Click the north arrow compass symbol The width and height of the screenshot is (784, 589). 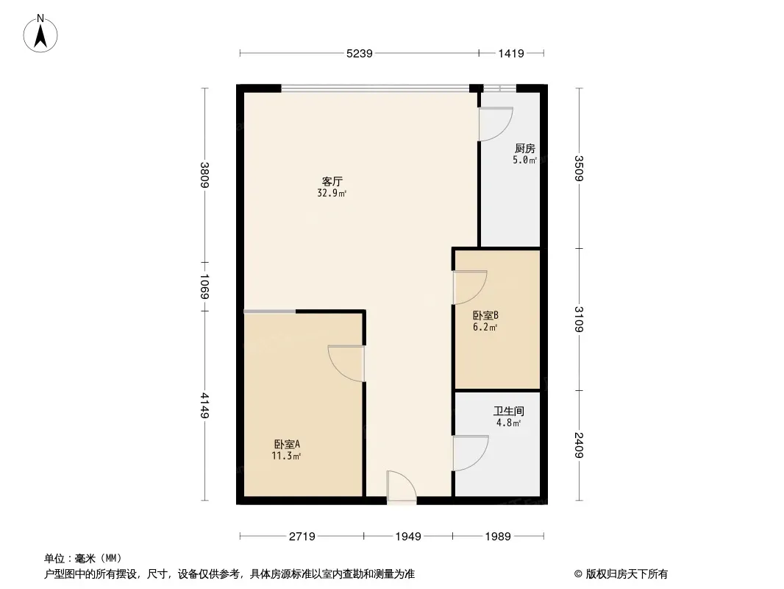pyautogui.click(x=40, y=33)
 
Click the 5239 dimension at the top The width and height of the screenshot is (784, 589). pyautogui.click(x=360, y=53)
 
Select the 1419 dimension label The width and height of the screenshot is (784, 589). pyautogui.click(x=511, y=53)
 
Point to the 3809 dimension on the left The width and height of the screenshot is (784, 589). pyautogui.click(x=204, y=174)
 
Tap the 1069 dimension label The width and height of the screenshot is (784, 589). pyautogui.click(x=204, y=286)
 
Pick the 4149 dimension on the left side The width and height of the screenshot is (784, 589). pyautogui.click(x=204, y=406)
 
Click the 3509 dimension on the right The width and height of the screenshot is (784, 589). pyautogui.click(x=579, y=168)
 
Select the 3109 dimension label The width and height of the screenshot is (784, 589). pyautogui.click(x=579, y=320)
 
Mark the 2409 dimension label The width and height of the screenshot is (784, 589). pyautogui.click(x=579, y=445)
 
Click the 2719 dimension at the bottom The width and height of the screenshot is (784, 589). pyautogui.click(x=302, y=537)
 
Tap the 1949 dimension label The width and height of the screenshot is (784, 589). pyautogui.click(x=408, y=537)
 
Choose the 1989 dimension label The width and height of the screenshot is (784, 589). pyautogui.click(x=498, y=537)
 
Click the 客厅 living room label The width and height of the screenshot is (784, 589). pyautogui.click(x=332, y=181)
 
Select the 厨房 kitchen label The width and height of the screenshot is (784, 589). pyautogui.click(x=525, y=149)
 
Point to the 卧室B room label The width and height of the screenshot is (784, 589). pyautogui.click(x=485, y=316)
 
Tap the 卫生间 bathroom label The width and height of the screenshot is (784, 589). pyautogui.click(x=508, y=412)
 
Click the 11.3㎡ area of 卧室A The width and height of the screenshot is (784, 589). pyautogui.click(x=286, y=456)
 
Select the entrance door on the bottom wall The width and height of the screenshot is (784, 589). pyautogui.click(x=402, y=487)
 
